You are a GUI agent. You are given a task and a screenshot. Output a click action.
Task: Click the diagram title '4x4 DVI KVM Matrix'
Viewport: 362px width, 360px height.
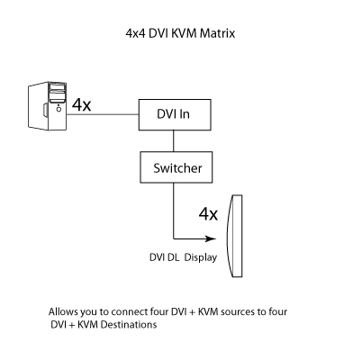pos(180,33)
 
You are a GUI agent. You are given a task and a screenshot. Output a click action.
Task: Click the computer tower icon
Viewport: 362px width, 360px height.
pos(47,106)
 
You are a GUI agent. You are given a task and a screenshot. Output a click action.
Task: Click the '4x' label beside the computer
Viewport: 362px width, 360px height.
pos(81,104)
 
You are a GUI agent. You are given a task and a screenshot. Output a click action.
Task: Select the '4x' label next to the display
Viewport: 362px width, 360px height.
pos(208,214)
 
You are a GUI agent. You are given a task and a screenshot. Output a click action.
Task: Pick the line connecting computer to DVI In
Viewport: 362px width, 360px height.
pos(103,114)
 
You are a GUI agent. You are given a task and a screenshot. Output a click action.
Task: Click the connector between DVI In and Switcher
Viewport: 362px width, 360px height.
pos(174,141)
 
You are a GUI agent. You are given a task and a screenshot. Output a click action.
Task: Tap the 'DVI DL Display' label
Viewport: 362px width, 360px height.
pos(183,257)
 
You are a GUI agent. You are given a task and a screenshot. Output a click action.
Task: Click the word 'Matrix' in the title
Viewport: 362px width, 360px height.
pos(217,33)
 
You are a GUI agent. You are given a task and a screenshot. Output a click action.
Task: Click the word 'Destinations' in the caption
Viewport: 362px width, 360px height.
pos(129,325)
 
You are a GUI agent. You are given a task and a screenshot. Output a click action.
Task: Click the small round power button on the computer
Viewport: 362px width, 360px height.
pos(59,109)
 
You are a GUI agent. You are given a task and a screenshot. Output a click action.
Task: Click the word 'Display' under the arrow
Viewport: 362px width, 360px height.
pos(201,257)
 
